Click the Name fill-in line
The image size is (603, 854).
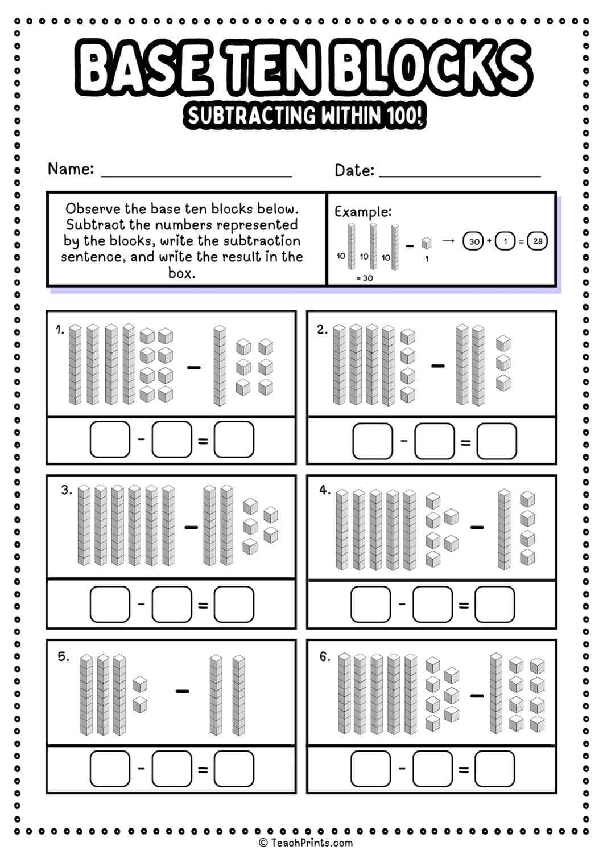(x=196, y=174)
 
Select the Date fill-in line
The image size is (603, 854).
(x=459, y=174)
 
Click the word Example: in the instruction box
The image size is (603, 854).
(x=363, y=212)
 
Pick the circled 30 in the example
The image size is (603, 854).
(x=473, y=241)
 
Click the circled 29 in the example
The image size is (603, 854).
(x=537, y=241)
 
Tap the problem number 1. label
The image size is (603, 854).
(x=60, y=330)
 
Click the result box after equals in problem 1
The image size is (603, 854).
(x=234, y=440)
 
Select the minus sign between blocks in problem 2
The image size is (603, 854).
(x=437, y=366)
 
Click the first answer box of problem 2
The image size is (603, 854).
(x=373, y=441)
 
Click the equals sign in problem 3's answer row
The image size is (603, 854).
(x=203, y=605)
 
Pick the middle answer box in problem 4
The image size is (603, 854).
(x=432, y=604)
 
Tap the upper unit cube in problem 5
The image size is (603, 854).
(x=140, y=684)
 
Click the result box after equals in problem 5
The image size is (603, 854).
(x=234, y=769)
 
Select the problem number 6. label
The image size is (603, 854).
(x=324, y=657)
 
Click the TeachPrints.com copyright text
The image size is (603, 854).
(x=305, y=843)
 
